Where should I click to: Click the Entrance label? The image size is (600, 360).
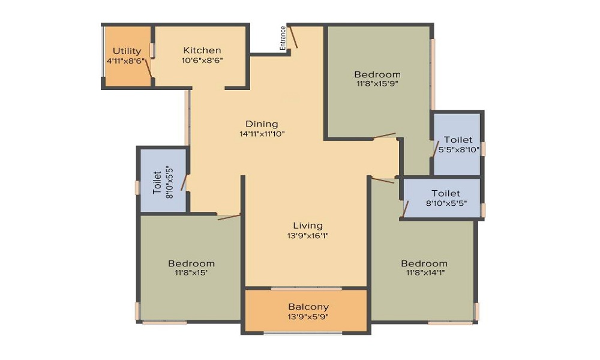click(283, 38)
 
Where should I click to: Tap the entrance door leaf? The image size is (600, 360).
click(293, 37)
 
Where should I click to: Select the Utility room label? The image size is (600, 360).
click(127, 51)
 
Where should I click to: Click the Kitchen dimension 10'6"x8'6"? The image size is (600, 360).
click(202, 60)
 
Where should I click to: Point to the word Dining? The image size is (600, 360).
click(262, 124)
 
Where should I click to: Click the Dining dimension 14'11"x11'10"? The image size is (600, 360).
click(262, 134)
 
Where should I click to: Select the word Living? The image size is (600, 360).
click(308, 226)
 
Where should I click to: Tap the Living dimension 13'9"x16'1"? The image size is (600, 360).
click(308, 236)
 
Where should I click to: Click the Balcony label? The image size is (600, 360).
click(308, 307)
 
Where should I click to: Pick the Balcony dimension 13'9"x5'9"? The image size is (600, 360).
click(308, 317)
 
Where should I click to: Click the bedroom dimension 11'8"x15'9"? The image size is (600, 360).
click(377, 84)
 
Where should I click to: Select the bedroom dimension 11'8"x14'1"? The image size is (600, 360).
click(424, 273)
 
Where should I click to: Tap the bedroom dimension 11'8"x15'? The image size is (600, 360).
click(191, 273)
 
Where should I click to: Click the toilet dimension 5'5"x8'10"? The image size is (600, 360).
click(458, 149)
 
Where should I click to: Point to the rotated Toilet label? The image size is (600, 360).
click(157, 182)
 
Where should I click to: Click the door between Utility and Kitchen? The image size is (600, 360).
click(148, 67)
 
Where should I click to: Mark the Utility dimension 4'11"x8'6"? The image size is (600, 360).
click(126, 61)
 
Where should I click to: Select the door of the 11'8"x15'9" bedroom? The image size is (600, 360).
click(384, 136)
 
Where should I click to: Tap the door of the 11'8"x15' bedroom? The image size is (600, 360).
click(229, 217)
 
